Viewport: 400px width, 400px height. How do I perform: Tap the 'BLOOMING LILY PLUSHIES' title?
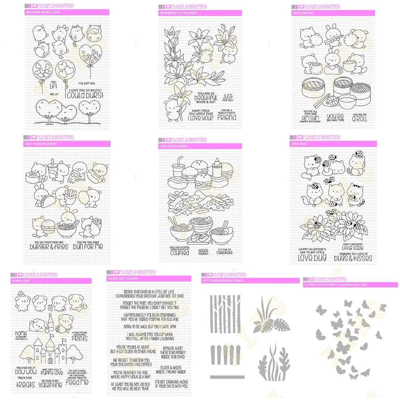coord(200,13)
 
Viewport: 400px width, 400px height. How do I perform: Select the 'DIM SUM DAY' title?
coord(333,13)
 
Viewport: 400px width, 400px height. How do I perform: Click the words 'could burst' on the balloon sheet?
coord(85,95)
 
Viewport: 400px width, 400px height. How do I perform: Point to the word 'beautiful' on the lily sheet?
coord(206,98)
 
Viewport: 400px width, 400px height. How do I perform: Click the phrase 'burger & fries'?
coord(49,247)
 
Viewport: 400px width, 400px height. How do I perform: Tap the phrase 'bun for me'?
coord(88,247)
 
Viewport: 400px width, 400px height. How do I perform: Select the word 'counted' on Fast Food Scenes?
coord(180,253)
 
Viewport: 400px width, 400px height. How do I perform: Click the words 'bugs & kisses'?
coord(353,258)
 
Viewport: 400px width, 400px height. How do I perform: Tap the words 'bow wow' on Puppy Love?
coord(26,371)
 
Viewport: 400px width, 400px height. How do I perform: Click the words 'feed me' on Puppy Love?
coord(77,382)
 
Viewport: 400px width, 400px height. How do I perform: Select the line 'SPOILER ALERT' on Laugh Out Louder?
coord(173,348)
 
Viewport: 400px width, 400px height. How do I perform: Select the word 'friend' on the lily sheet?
coord(227,117)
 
